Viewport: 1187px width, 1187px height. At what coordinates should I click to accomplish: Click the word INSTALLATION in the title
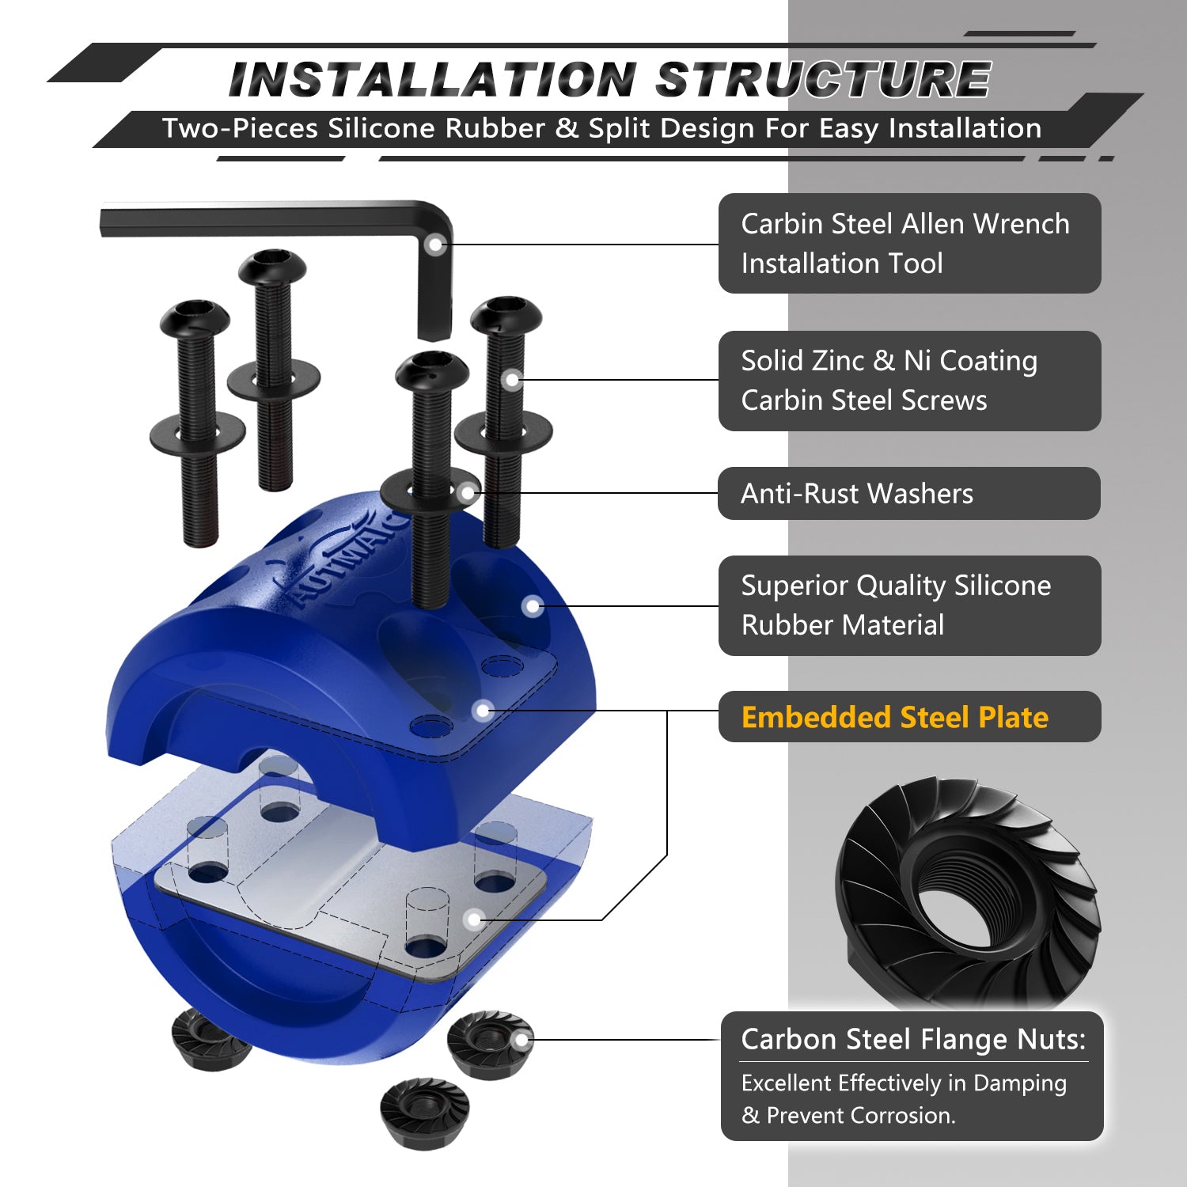click(x=432, y=80)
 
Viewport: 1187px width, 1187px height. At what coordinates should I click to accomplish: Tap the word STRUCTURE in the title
click(x=823, y=80)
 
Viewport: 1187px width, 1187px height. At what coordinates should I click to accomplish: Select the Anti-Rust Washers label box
click(x=909, y=493)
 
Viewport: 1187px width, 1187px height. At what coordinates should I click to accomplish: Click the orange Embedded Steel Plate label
click(x=895, y=717)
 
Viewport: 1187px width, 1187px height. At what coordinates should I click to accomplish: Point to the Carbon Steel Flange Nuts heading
click(x=913, y=1039)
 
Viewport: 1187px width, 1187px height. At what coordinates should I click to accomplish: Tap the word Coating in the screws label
click(x=988, y=361)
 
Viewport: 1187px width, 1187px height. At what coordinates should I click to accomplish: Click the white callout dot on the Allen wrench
click(x=434, y=245)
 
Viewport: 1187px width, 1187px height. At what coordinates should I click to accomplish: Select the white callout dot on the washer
click(x=468, y=493)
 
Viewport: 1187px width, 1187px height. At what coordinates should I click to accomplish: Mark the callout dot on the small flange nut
click(x=521, y=1041)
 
